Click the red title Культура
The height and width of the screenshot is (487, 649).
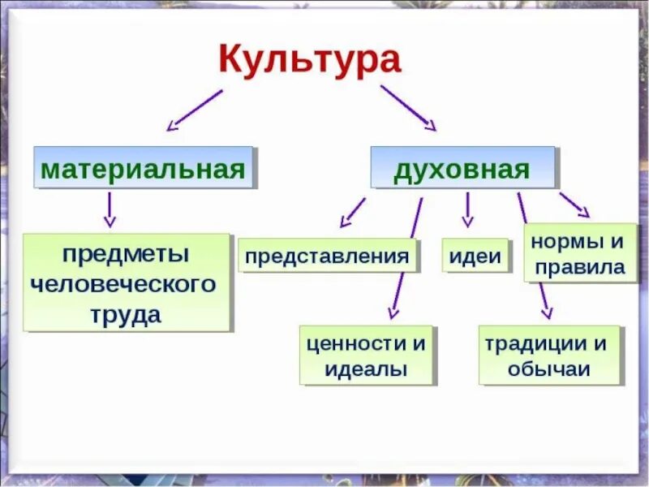pyautogui.click(x=310, y=62)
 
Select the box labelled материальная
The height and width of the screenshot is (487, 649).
pyautogui.click(x=143, y=169)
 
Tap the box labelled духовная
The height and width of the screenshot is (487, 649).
pyautogui.click(x=462, y=169)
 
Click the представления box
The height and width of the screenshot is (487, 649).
pyautogui.click(x=326, y=256)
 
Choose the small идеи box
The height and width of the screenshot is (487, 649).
pyautogui.click(x=474, y=256)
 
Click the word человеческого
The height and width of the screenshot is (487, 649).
pyautogui.click(x=124, y=285)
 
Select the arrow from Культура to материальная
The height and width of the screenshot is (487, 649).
pyautogui.click(x=194, y=110)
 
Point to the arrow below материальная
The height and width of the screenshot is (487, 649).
pyautogui.click(x=110, y=209)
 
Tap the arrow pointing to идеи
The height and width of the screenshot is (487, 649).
pyautogui.click(x=467, y=209)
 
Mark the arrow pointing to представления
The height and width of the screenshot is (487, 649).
pyautogui.click(x=352, y=211)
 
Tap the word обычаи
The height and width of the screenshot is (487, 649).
pyautogui.click(x=548, y=370)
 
